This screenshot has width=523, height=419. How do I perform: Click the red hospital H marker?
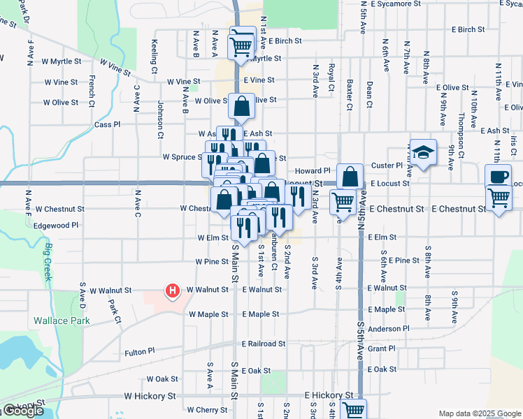pyautogui.click(x=171, y=291)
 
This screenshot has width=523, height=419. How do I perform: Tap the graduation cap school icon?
pyautogui.click(x=422, y=152)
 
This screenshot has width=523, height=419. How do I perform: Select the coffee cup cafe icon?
pyautogui.click(x=499, y=177)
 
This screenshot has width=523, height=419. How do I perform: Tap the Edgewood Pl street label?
pyautogui.click(x=57, y=226)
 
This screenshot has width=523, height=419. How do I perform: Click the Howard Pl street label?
pyautogui.click(x=312, y=170)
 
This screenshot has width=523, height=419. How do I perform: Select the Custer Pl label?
pyautogui.click(x=387, y=166)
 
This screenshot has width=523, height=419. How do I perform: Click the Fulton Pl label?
pyautogui.click(x=141, y=353)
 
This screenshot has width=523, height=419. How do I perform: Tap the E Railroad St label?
pyautogui.click(x=264, y=344)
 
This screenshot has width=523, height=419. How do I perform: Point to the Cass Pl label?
pyautogui.click(x=108, y=124)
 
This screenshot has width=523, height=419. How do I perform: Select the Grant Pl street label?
pyautogui.click(x=382, y=348)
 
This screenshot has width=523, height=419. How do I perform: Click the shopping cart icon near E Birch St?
pyautogui.click(x=241, y=45)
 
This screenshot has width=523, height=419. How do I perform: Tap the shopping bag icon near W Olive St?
pyautogui.click(x=241, y=106)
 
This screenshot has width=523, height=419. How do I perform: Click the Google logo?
pyautogui.click(x=24, y=411)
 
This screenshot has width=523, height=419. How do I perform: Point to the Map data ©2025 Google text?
pyautogui.click(x=479, y=413)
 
